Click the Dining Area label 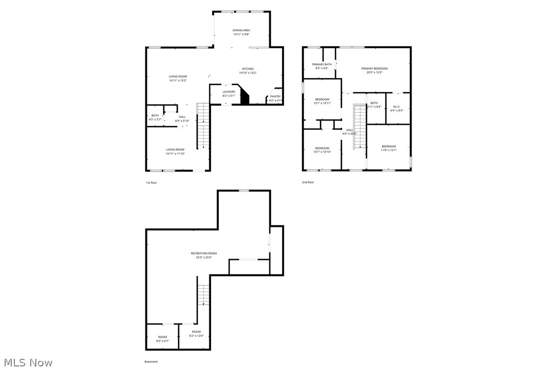coord(241,32)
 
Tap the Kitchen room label coord(248,71)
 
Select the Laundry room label coord(228,94)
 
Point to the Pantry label coord(275,98)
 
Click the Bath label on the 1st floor coord(155,117)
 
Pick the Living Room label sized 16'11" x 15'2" coord(178,78)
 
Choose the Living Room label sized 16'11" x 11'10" coord(175,151)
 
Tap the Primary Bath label coord(322,66)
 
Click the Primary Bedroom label coord(374,70)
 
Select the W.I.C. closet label coord(397,108)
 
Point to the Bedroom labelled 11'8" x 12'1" coord(388,148)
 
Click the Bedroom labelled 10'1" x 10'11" coord(322,101)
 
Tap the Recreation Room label coord(203,255)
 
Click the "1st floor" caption coord(152,182)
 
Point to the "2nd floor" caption coord(308,182)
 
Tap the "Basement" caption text coord(151,361)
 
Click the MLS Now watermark coord(27,362)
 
